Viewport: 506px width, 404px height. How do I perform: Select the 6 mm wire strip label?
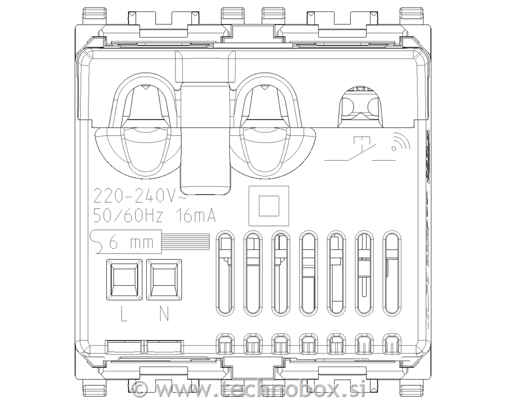click(x=131, y=242)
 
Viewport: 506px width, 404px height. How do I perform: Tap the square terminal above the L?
click(x=124, y=280)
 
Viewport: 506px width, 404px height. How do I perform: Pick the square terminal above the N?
click(x=164, y=280)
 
